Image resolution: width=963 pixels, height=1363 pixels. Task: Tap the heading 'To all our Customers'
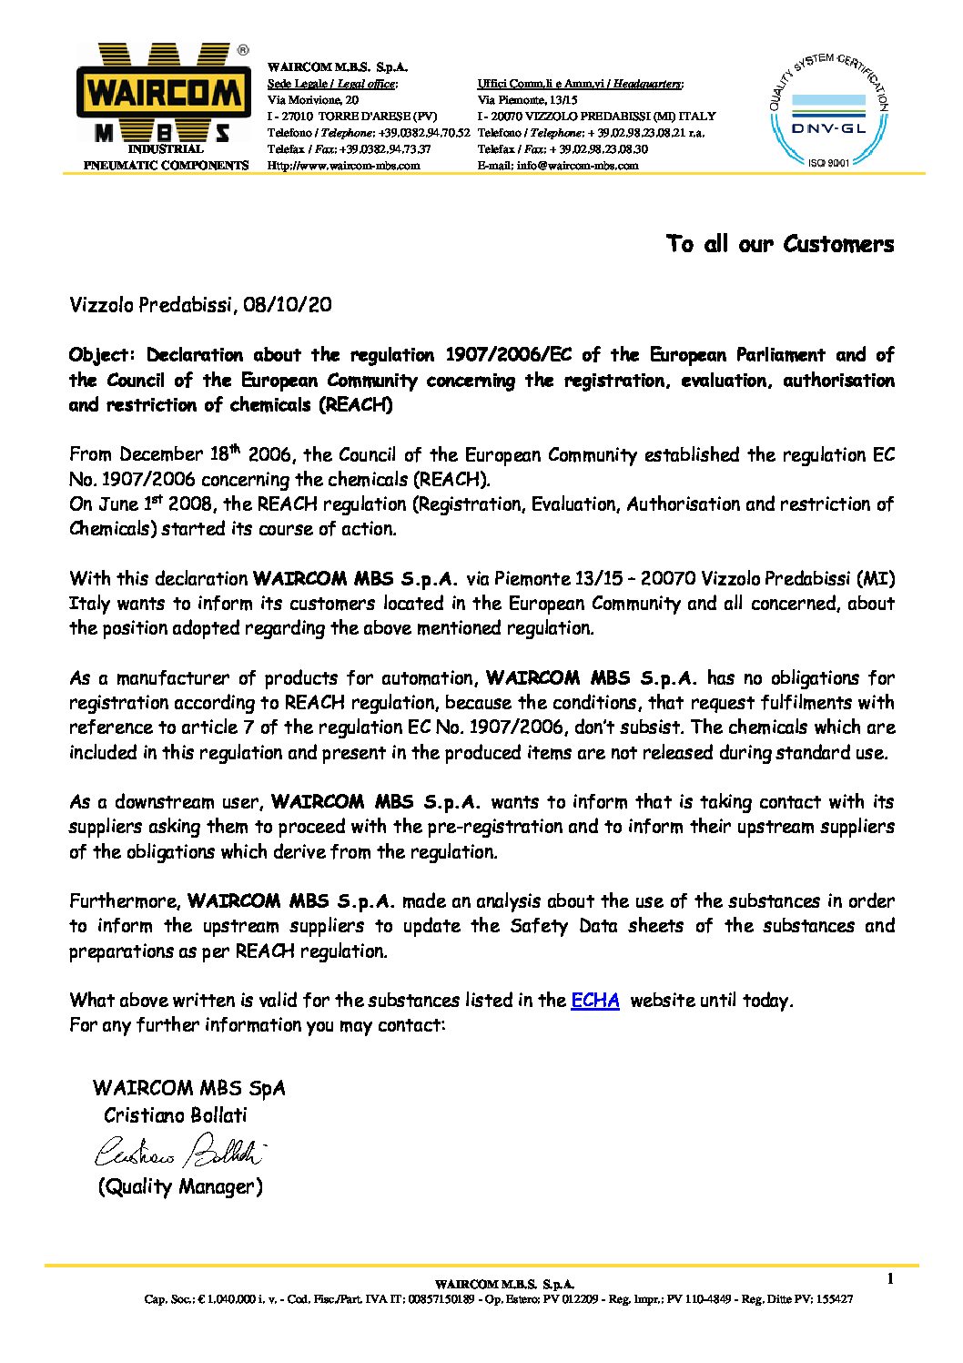coord(780,244)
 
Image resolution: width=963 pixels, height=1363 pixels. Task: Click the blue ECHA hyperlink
coord(595,1001)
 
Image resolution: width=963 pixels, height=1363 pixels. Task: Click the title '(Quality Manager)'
coord(180,1187)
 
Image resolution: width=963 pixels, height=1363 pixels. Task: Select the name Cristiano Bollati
coord(176,1115)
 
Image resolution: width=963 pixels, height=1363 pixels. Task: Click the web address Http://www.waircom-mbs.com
coord(343,166)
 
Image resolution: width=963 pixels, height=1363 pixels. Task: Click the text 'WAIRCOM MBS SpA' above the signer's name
coord(188,1088)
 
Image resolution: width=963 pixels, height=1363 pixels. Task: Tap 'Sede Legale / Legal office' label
coord(331,84)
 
